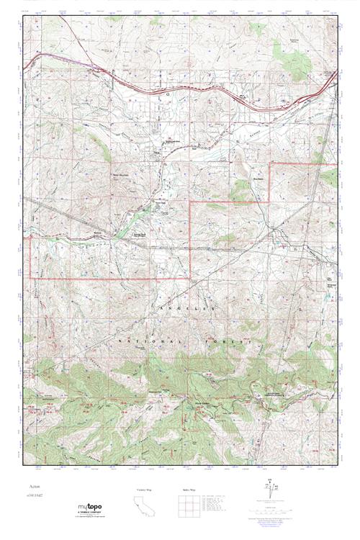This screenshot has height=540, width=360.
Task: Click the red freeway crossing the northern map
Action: (180, 84)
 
